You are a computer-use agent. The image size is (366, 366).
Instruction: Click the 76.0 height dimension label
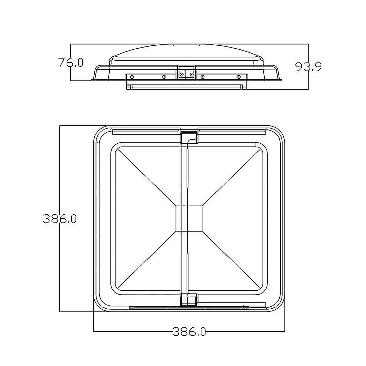click(x=71, y=63)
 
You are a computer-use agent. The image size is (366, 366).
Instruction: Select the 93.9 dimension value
click(x=308, y=67)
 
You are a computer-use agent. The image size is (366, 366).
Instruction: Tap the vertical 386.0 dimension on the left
click(x=59, y=219)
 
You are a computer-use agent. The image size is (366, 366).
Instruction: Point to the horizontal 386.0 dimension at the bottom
click(x=189, y=332)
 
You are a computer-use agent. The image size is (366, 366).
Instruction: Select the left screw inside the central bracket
click(x=181, y=74)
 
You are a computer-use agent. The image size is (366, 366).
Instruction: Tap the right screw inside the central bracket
click(x=191, y=74)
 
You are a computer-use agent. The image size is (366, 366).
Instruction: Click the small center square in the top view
click(x=189, y=219)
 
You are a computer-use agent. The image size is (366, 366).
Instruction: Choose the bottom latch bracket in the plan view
click(x=189, y=300)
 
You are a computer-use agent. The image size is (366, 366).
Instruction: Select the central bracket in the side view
click(x=186, y=72)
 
